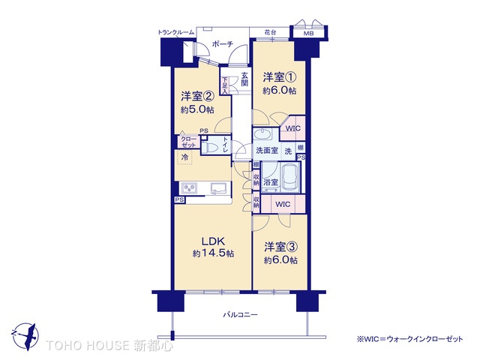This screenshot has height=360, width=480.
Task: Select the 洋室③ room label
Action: click(279, 247)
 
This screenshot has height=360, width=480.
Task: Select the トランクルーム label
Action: click(176, 33)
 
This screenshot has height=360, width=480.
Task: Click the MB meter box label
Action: click(308, 34)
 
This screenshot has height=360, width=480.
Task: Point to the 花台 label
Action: click(270, 33)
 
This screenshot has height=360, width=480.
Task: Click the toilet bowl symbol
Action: click(212, 148)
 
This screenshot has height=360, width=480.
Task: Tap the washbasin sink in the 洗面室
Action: click(263, 134)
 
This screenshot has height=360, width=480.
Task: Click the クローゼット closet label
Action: click(187, 142)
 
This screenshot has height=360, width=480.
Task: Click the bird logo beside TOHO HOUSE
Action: click(25, 334)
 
